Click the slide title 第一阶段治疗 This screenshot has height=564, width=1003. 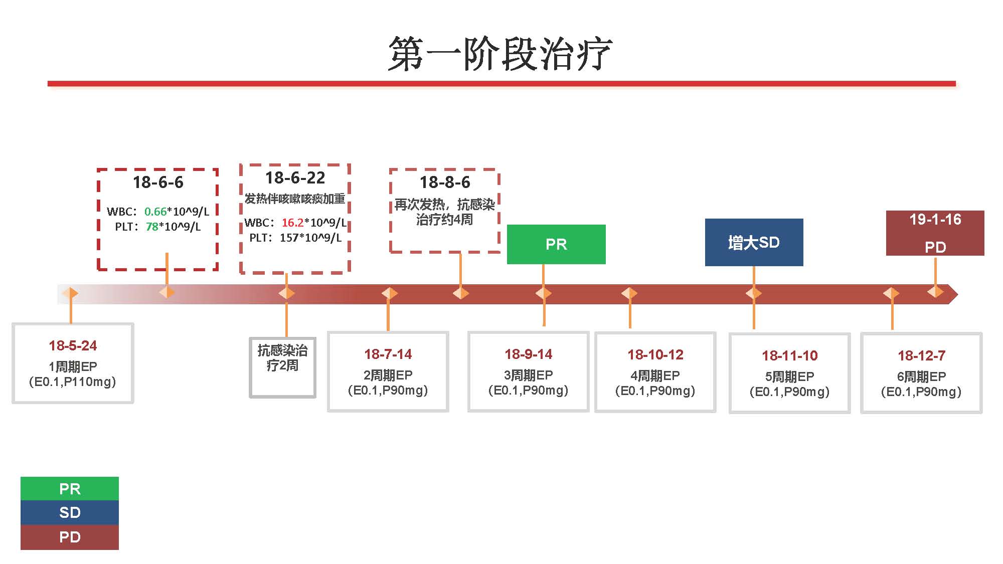(x=500, y=54)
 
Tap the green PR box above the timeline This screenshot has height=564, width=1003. (x=556, y=244)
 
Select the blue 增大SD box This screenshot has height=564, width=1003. (x=754, y=243)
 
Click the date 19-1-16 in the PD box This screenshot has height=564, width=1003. (x=935, y=220)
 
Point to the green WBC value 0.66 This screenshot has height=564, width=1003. (x=155, y=212)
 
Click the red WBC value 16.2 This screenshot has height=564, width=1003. (x=292, y=223)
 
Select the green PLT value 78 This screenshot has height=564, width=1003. (x=152, y=227)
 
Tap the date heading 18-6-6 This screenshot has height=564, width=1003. (x=158, y=182)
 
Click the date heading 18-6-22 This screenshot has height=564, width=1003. (x=295, y=178)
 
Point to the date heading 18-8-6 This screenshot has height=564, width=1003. (x=445, y=182)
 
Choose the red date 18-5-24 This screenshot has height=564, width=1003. (x=73, y=345)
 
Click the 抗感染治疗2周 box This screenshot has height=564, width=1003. (x=282, y=358)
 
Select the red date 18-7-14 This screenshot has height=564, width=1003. (x=388, y=354)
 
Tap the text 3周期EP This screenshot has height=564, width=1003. (x=528, y=375)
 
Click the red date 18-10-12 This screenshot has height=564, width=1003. (x=655, y=355)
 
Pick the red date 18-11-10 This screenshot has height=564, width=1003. (x=789, y=356)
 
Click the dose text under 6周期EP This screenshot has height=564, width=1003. (x=921, y=392)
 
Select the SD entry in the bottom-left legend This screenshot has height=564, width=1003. (x=70, y=512)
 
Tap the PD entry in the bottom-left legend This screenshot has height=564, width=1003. (x=70, y=537)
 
